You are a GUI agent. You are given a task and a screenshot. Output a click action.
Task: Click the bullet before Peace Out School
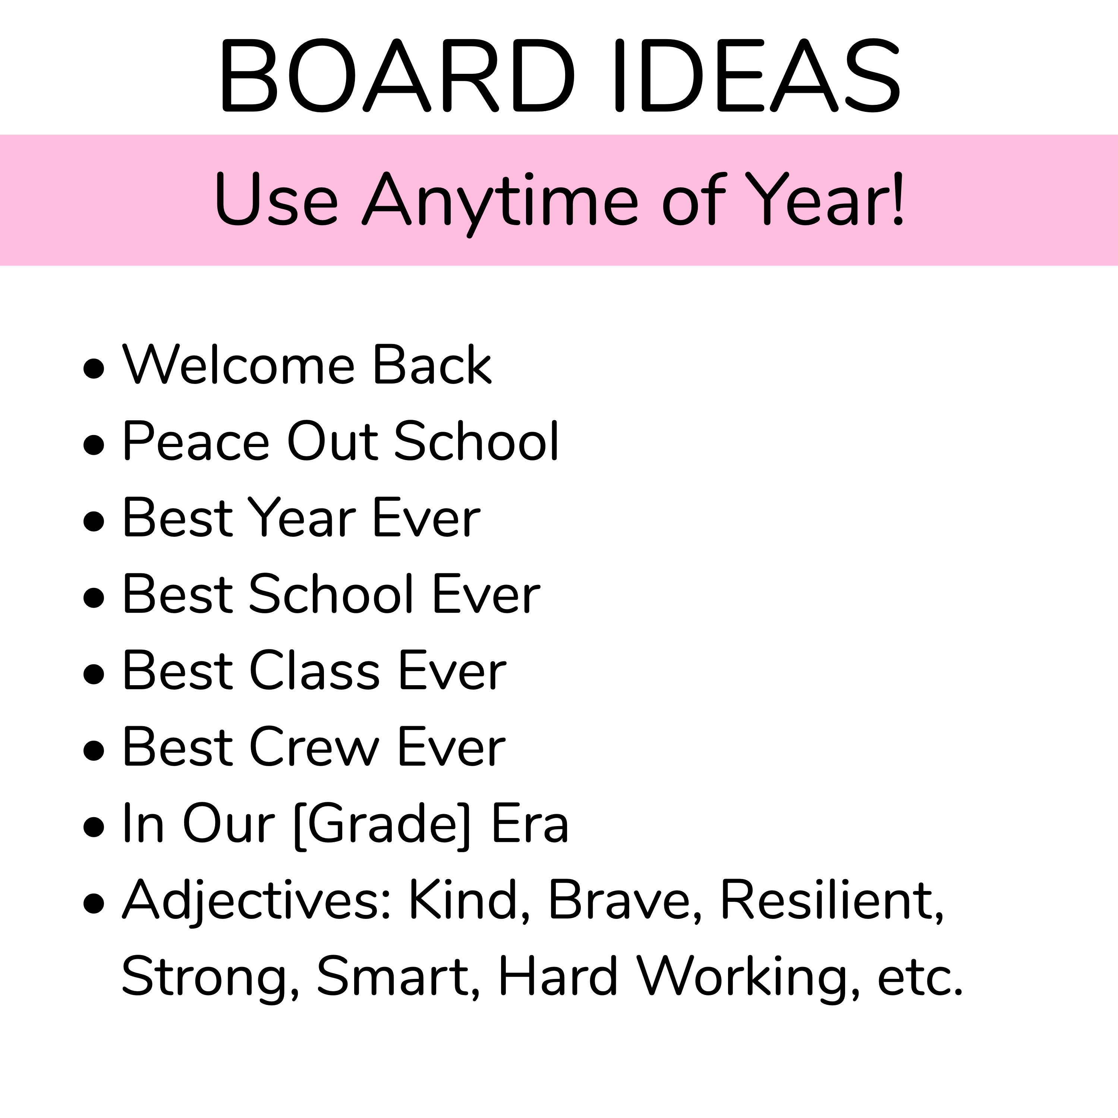click(94, 444)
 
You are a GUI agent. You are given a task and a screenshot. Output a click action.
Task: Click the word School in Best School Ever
click(331, 594)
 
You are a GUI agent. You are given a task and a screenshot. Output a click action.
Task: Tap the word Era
click(529, 825)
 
